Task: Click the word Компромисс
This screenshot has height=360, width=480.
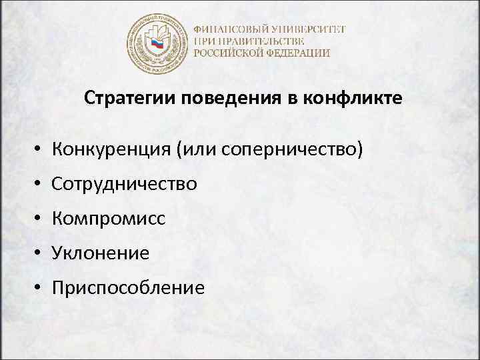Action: [x=108, y=218]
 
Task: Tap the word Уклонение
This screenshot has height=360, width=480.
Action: [x=101, y=253]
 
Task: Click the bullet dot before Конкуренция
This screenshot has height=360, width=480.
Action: [x=41, y=149]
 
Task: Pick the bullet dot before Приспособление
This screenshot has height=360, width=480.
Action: [x=41, y=288]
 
